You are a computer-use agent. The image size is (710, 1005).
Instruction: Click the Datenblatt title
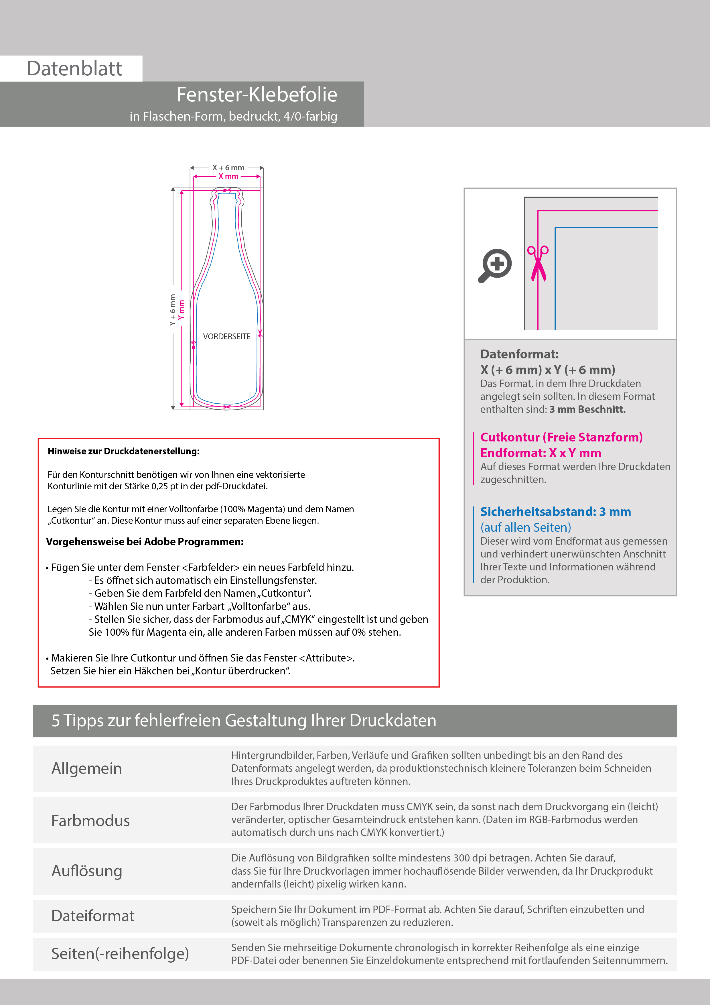74,69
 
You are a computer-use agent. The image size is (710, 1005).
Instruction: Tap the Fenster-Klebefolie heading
257,95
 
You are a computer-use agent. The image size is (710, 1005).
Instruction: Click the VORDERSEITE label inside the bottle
227,337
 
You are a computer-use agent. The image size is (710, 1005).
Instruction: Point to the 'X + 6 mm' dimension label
228,168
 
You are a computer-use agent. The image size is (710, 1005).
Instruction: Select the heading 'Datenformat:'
519,354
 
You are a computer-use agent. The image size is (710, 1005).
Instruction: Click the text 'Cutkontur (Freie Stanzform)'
561,437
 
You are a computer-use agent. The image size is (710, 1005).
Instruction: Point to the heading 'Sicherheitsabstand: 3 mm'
555,512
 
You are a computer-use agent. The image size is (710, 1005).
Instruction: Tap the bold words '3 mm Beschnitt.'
587,409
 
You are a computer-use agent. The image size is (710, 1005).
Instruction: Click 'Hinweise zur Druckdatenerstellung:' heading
123,451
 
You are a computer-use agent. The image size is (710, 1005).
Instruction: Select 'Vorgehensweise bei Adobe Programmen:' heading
145,542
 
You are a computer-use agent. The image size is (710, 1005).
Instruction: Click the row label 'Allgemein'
87,768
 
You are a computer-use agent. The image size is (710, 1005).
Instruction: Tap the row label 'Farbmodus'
90,820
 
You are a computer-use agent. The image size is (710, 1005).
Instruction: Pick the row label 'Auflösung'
87,871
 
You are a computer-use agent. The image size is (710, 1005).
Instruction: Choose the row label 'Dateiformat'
93,916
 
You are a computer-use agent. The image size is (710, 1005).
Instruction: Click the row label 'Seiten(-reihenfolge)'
120,953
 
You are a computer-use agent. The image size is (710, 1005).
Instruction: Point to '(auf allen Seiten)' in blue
525,527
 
